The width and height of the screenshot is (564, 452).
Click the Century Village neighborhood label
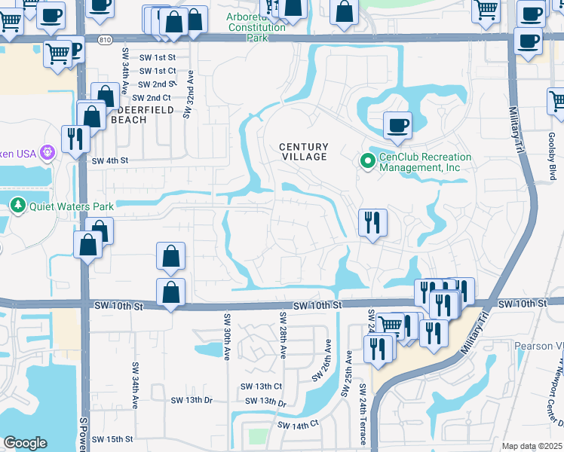pos(304,151)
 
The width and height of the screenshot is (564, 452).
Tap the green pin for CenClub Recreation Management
pos(367,160)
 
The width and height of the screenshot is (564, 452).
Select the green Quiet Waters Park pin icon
pos(17,205)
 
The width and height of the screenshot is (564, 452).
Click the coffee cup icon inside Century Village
pos(397,125)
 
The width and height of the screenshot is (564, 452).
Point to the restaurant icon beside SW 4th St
pos(75,138)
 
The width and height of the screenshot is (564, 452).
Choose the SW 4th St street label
pos(110,160)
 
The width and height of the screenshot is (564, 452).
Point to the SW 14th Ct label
pos(299,425)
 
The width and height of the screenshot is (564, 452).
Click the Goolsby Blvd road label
pos(551,163)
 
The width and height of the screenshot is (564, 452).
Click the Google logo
pos(25,442)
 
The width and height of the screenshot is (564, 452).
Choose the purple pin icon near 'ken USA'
pos(47,154)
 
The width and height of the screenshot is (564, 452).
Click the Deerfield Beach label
pos(143,115)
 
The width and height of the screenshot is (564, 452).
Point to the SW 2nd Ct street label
pos(152,98)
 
